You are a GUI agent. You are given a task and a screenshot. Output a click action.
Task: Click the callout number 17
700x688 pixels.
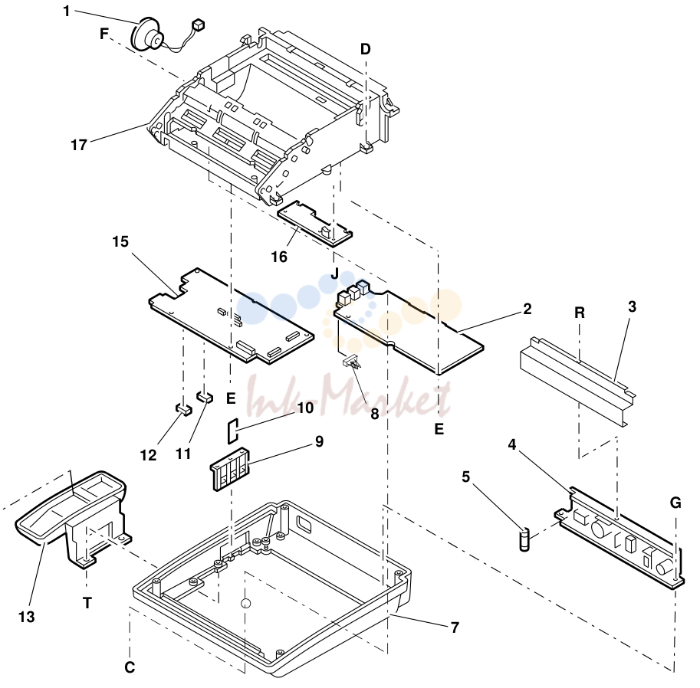click(79, 145)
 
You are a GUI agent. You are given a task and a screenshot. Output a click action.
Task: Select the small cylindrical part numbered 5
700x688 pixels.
click(524, 539)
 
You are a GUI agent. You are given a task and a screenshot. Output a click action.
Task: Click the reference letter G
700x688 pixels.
click(675, 503)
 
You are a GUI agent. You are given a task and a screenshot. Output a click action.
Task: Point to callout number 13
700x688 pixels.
click(26, 617)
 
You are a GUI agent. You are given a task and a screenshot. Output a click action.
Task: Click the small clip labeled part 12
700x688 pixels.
click(183, 408)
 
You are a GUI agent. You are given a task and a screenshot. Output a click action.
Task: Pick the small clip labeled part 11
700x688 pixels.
click(205, 396)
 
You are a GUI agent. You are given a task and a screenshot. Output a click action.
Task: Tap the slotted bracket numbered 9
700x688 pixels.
click(229, 469)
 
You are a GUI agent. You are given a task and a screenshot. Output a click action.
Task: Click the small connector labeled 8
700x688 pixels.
click(352, 362)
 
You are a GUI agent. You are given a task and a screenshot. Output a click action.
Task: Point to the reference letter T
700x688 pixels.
click(87, 603)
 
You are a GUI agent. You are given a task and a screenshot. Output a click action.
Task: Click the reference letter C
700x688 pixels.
click(130, 667)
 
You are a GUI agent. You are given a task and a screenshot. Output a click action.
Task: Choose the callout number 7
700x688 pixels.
click(455, 627)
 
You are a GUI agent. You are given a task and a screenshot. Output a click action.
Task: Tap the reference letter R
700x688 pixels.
click(580, 313)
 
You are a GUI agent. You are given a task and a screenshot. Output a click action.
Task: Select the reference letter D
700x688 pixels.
click(365, 48)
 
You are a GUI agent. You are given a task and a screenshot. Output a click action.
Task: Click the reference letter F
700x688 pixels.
click(104, 34)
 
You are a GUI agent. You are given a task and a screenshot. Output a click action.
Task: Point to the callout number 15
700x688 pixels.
click(120, 241)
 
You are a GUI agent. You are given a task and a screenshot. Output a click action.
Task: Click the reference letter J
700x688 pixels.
click(335, 273)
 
